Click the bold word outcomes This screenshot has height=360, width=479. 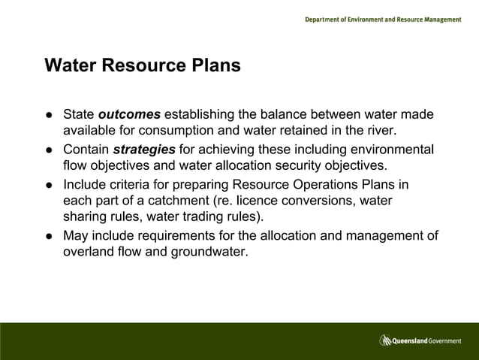pyautogui.click(x=129, y=115)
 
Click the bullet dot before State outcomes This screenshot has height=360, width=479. pyautogui.click(x=48, y=116)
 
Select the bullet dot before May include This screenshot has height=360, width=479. pyautogui.click(x=48, y=236)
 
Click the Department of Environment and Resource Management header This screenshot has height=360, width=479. pyautogui.click(x=383, y=20)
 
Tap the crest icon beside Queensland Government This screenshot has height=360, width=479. pyautogui.click(x=386, y=340)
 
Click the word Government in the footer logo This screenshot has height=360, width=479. pyautogui.click(x=444, y=341)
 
